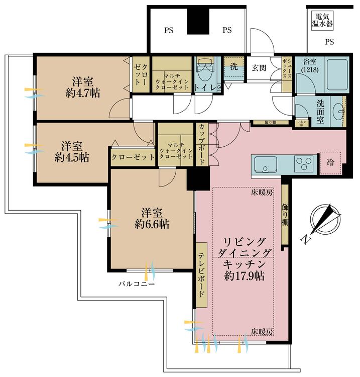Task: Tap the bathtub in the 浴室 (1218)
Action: pyautogui.click(x=335, y=74)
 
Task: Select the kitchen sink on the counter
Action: pyautogui.click(x=265, y=164)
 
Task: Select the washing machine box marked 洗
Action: pyautogui.click(x=233, y=66)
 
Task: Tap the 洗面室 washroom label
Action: pyautogui.click(x=320, y=112)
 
